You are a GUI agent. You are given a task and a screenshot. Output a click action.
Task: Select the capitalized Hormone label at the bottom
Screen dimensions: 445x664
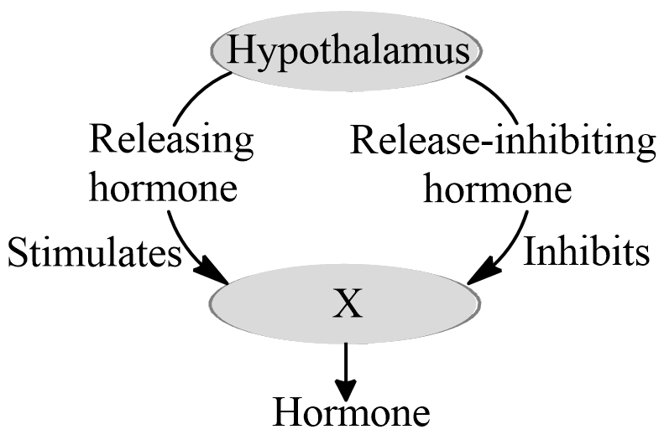coord(352,414)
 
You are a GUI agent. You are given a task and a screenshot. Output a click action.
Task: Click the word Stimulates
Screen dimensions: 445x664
coord(94,251)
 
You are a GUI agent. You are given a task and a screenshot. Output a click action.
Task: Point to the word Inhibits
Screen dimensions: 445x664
coord(587,251)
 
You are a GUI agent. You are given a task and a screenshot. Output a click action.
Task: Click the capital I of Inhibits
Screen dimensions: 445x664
coord(531,251)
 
